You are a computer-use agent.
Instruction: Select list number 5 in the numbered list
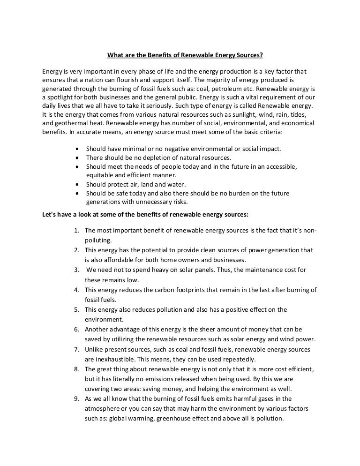click(x=76, y=309)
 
